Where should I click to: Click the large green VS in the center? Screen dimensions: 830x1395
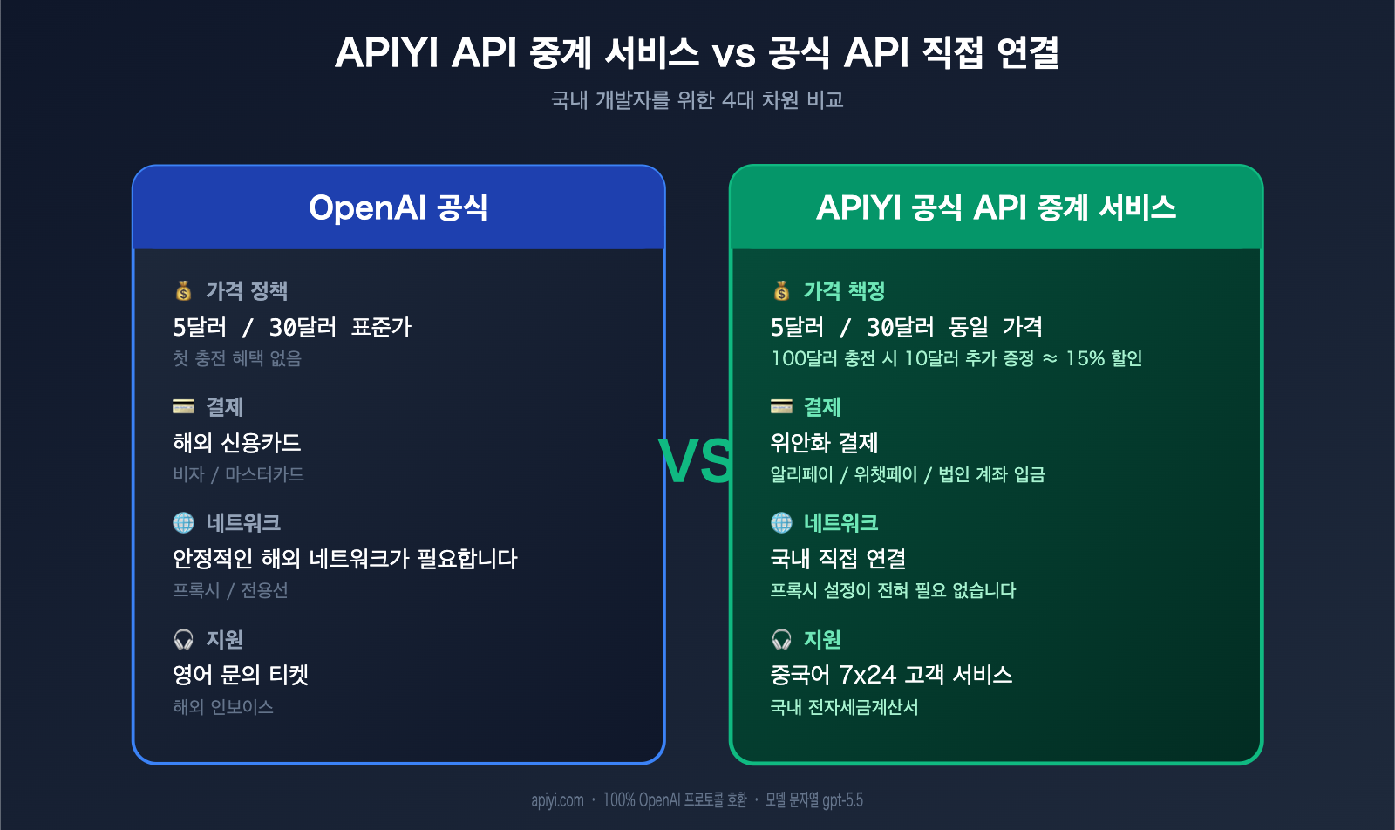click(x=696, y=460)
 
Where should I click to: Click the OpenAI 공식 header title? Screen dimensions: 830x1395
click(x=398, y=207)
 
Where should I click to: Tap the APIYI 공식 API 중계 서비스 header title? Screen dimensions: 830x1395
click(x=996, y=207)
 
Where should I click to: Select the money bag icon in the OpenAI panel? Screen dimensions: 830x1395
click(x=183, y=290)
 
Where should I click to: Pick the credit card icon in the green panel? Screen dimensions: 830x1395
click(x=781, y=406)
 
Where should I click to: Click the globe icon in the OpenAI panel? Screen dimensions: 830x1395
click(x=183, y=522)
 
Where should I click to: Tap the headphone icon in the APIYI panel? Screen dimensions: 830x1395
click(x=781, y=639)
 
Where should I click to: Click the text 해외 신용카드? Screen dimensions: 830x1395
click(x=236, y=443)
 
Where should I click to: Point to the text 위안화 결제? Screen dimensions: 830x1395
click(x=824, y=443)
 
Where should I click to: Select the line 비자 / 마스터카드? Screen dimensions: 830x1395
click(x=238, y=474)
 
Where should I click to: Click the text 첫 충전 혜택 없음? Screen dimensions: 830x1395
click(x=236, y=358)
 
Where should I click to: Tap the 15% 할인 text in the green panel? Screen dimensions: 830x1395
click(x=1104, y=358)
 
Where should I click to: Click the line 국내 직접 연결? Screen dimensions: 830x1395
click(x=838, y=559)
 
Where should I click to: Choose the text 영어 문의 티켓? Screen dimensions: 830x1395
click(x=241, y=675)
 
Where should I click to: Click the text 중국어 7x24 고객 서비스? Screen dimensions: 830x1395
click(x=891, y=675)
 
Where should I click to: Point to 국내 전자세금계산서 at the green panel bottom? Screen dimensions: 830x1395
click(x=844, y=707)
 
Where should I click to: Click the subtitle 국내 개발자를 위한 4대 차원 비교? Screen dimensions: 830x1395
click(x=697, y=100)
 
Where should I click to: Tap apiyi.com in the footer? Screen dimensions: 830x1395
click(x=557, y=800)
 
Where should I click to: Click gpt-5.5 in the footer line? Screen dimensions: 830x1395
click(x=842, y=800)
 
